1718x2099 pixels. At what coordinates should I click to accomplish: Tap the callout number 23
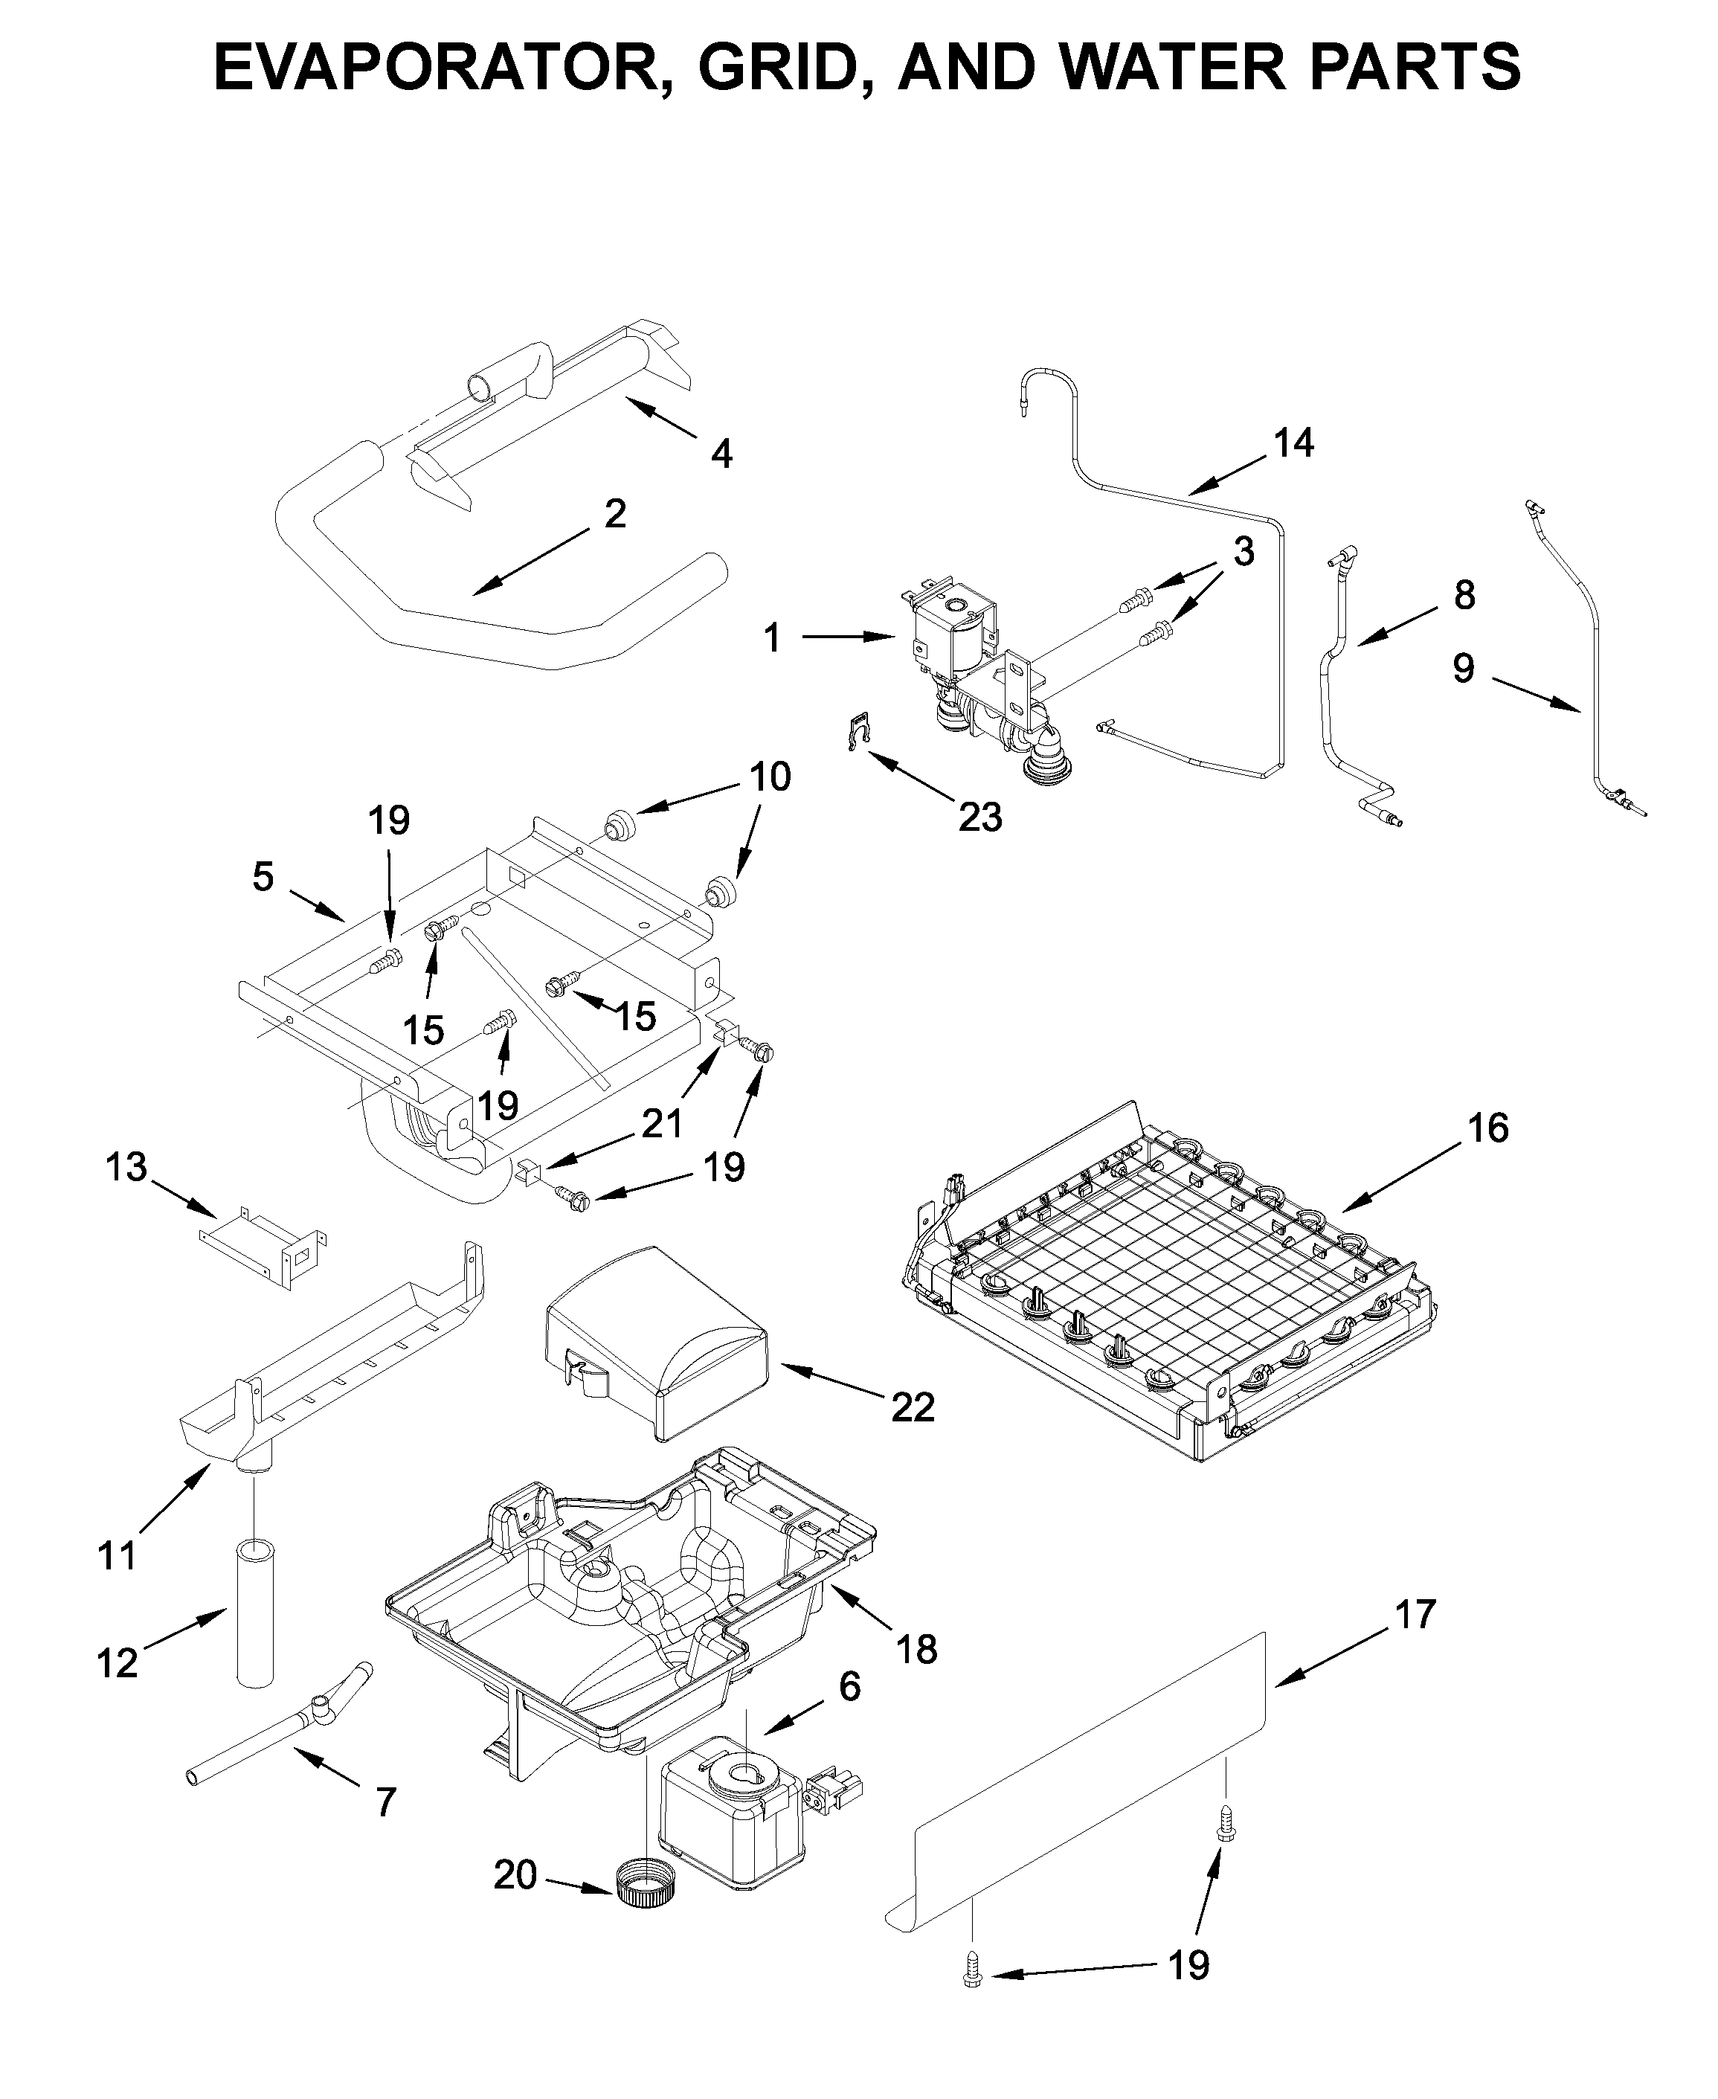pyautogui.click(x=979, y=817)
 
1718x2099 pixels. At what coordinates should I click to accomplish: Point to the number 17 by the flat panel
pyautogui.click(x=1414, y=1614)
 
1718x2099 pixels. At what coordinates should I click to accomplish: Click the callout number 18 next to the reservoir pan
pyautogui.click(x=916, y=1649)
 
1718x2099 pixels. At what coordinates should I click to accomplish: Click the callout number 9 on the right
pyautogui.click(x=1463, y=668)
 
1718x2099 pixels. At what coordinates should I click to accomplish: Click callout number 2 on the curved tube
pyautogui.click(x=614, y=514)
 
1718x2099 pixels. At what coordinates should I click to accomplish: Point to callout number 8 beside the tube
pyautogui.click(x=1464, y=595)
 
